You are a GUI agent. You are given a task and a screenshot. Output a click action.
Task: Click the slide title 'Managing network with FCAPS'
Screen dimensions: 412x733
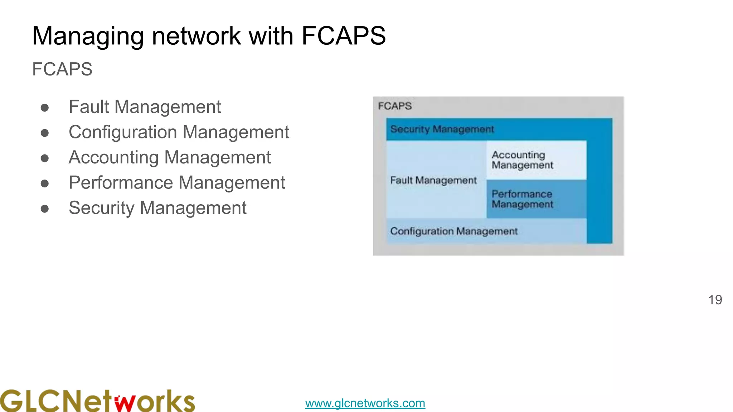(x=209, y=36)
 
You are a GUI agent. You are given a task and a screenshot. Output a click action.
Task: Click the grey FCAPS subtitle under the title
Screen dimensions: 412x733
(x=62, y=69)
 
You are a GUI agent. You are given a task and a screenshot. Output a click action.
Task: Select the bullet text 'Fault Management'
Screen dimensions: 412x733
(x=145, y=107)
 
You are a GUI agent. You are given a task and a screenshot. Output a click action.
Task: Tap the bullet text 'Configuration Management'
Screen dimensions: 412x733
(x=179, y=132)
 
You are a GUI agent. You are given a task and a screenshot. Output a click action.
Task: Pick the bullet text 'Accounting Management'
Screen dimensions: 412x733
(x=170, y=157)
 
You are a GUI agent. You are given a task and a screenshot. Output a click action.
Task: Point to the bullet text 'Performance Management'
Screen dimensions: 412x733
(x=177, y=183)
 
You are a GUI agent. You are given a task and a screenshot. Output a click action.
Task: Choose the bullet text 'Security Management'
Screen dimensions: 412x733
(x=157, y=208)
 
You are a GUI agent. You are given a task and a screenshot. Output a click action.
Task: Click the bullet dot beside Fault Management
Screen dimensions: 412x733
(x=45, y=108)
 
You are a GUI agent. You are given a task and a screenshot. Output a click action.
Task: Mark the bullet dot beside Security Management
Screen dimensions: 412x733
(x=45, y=209)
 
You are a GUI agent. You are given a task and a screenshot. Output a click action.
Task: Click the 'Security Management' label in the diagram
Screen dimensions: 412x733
(x=442, y=129)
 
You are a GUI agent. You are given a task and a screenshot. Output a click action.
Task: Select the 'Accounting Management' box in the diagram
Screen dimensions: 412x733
(x=536, y=160)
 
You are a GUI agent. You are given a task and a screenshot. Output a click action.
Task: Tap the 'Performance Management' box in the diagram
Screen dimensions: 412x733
(x=536, y=199)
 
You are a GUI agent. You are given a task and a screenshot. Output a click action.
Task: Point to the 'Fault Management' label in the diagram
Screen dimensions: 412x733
(x=433, y=180)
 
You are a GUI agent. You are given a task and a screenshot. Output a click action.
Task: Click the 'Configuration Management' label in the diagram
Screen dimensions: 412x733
(x=454, y=231)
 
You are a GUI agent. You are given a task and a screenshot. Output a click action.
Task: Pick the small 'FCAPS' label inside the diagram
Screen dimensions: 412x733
(x=395, y=106)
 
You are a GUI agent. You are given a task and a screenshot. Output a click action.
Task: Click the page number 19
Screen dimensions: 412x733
(x=715, y=300)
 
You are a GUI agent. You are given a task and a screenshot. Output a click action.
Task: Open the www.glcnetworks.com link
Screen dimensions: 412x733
(x=365, y=403)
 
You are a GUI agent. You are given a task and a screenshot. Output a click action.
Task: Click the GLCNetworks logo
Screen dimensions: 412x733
(x=97, y=401)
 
